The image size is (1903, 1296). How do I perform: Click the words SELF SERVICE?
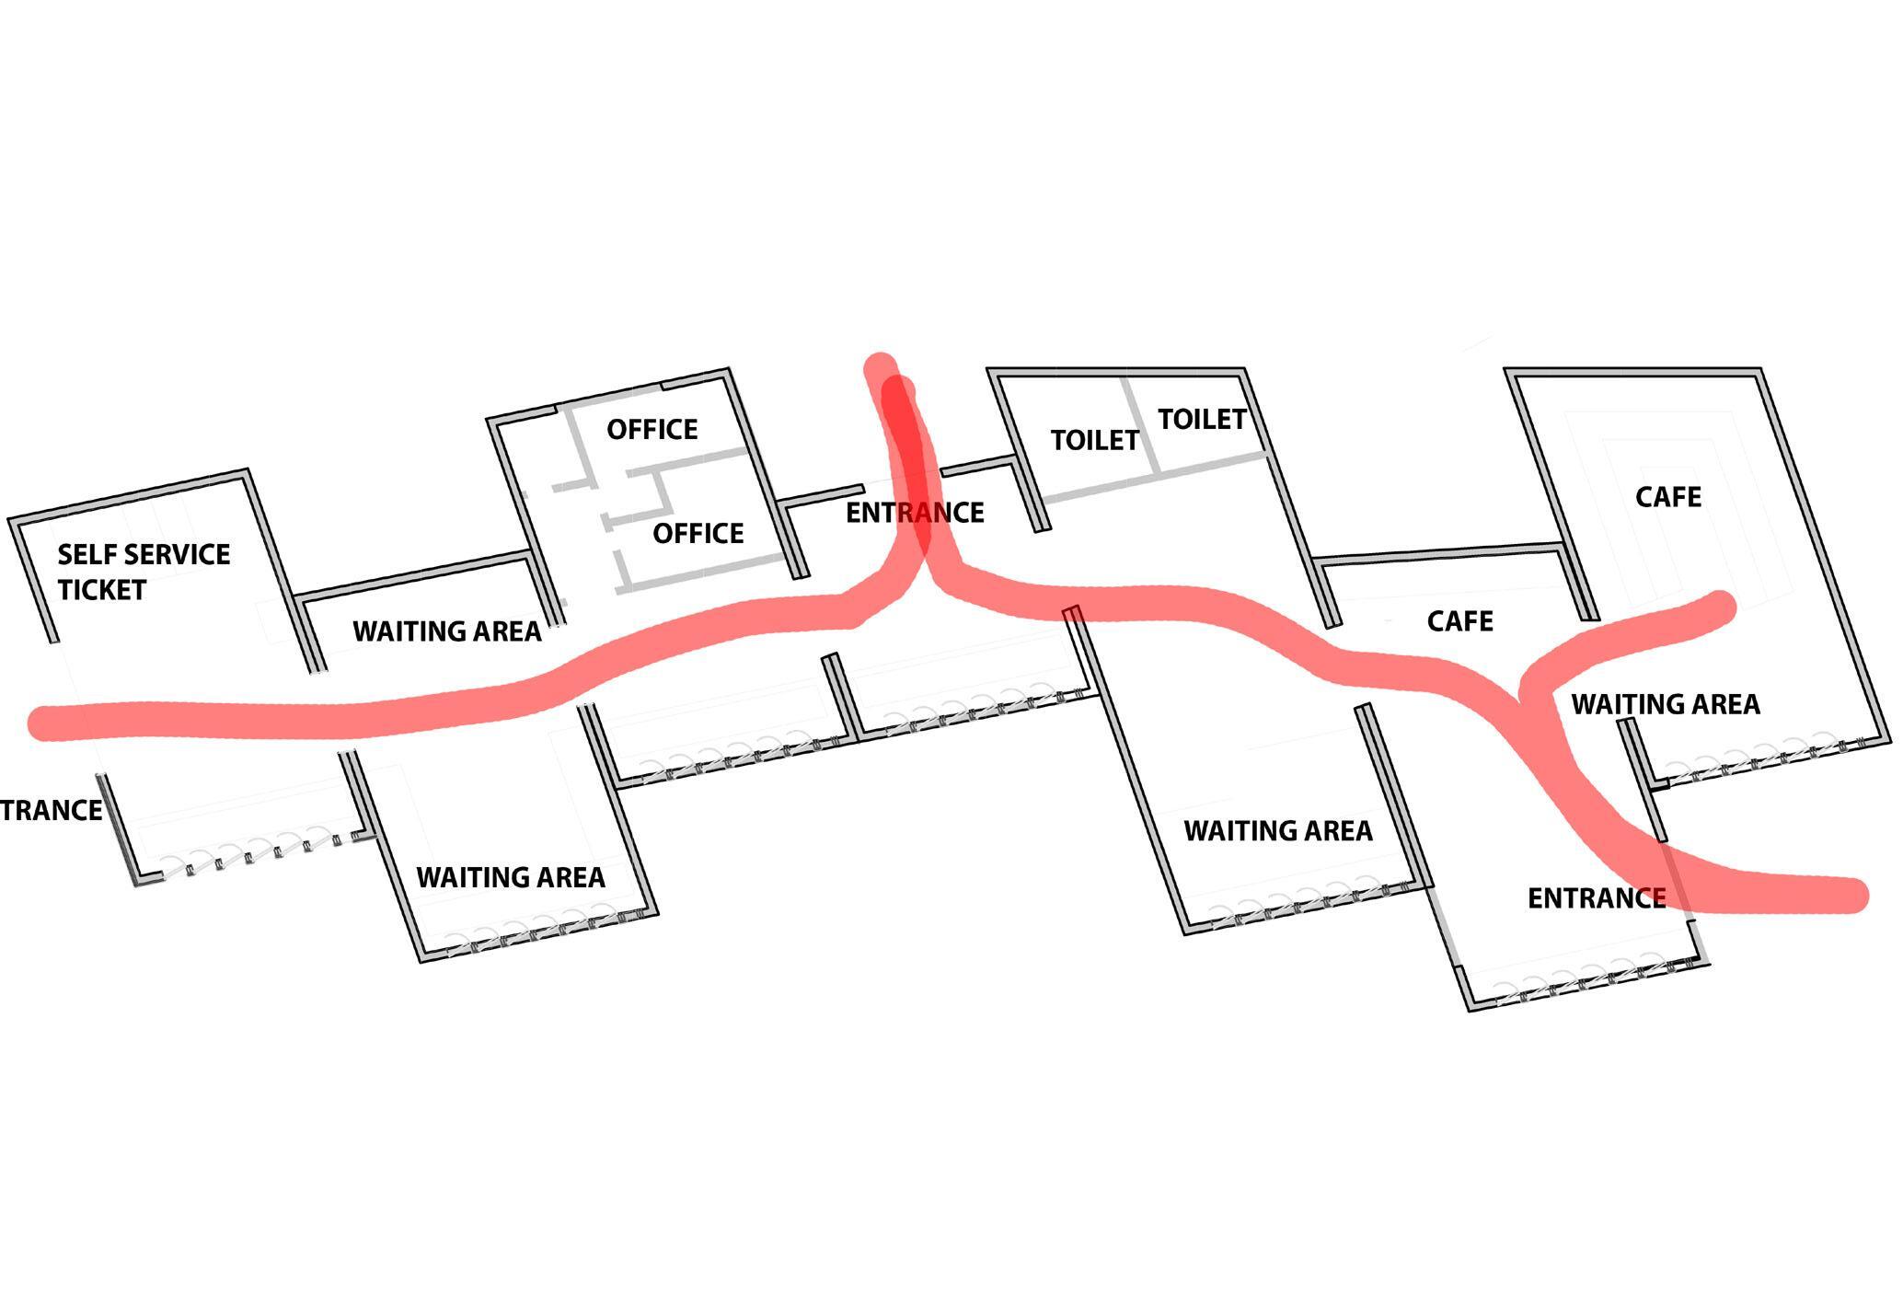pyautogui.click(x=144, y=554)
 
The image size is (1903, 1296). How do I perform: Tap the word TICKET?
pyautogui.click(x=101, y=589)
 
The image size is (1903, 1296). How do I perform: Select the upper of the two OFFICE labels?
pyautogui.click(x=652, y=429)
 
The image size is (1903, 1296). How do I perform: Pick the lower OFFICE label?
pyautogui.click(x=698, y=533)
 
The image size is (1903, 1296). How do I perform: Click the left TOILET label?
pyautogui.click(x=1094, y=440)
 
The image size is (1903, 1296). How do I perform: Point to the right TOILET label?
pyautogui.click(x=1201, y=419)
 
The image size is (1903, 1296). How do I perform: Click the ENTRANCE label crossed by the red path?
pyautogui.click(x=915, y=512)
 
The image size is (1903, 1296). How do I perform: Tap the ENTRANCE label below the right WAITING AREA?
pyautogui.click(x=1596, y=897)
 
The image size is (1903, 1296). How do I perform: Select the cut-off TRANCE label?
pyautogui.click(x=51, y=810)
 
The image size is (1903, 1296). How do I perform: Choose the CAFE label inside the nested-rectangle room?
pyautogui.click(x=1667, y=497)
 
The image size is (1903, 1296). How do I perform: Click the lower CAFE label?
pyautogui.click(x=1459, y=621)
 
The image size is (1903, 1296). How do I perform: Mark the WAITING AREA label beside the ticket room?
pyautogui.click(x=447, y=631)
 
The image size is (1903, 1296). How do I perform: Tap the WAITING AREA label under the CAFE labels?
pyautogui.click(x=1665, y=704)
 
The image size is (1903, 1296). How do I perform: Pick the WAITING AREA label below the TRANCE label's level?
pyautogui.click(x=511, y=877)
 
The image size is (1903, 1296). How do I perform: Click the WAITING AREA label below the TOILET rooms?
pyautogui.click(x=1277, y=830)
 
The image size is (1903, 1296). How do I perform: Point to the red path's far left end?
pyautogui.click(x=41, y=723)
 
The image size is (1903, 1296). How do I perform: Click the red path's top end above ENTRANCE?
pyautogui.click(x=881, y=367)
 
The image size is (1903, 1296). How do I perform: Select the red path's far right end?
pyautogui.click(x=1851, y=895)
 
